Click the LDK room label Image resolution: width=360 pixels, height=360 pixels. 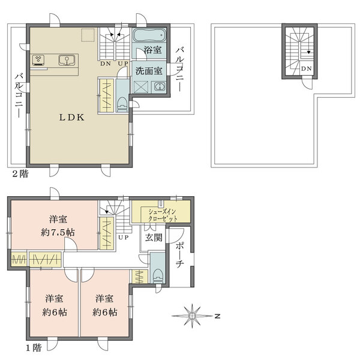[70, 118]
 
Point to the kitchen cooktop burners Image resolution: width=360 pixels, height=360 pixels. [40, 59]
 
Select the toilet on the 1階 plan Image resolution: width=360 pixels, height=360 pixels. [157, 275]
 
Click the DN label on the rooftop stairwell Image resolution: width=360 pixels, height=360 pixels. [306, 69]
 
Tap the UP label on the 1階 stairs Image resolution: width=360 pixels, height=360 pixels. [124, 238]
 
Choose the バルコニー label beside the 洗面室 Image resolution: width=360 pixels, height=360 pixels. [179, 68]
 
